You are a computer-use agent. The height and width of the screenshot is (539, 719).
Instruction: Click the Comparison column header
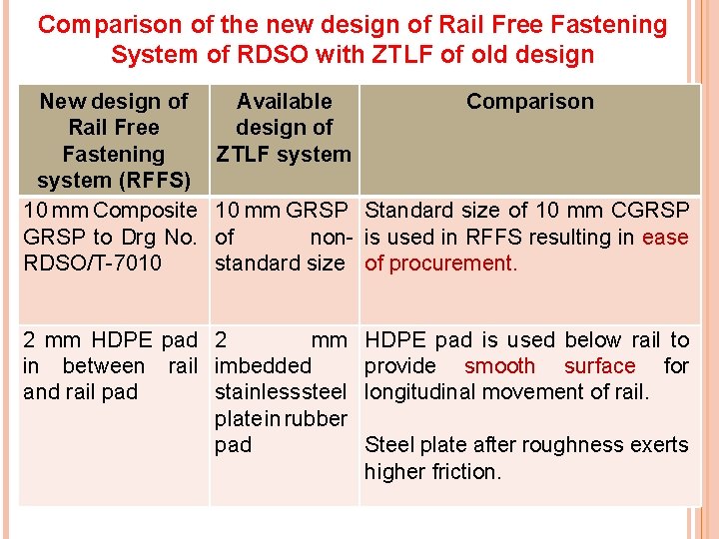529,102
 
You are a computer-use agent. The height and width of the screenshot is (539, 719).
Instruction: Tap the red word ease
665,238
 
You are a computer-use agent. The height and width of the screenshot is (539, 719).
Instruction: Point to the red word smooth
499,366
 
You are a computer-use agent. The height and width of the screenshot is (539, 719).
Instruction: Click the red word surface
599,366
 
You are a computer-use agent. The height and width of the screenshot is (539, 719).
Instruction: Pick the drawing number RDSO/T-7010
92,265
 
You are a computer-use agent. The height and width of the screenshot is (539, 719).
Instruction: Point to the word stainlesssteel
281,392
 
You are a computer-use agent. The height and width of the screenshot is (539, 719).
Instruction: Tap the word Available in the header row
284,102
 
